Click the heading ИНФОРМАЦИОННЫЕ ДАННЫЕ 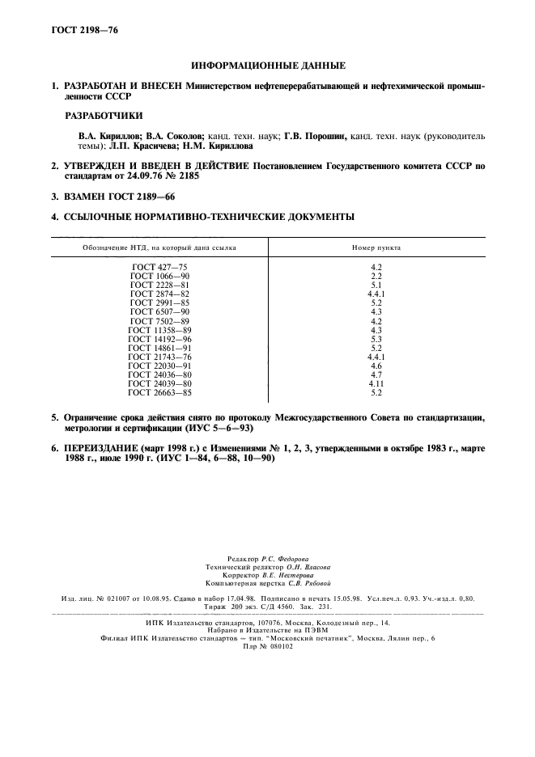point(268,65)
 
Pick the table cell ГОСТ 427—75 point(159,266)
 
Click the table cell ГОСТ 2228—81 point(159,285)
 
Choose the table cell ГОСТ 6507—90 point(159,311)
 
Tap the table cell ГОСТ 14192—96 point(159,339)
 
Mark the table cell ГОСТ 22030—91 point(159,366)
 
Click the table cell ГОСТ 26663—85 point(159,392)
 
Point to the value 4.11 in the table point(376,383)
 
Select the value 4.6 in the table point(376,366)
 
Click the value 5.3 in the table point(376,339)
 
